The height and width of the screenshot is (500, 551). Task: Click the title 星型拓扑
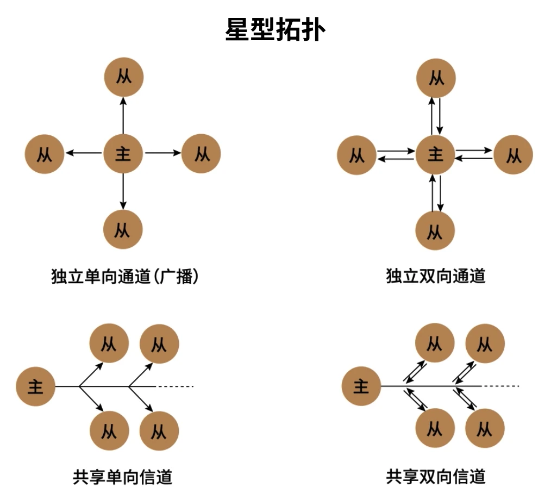pyautogui.click(x=275, y=30)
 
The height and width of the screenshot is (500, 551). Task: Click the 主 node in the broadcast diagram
pyautogui.click(x=123, y=154)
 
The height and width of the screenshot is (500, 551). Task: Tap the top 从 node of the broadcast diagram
pyautogui.click(x=123, y=77)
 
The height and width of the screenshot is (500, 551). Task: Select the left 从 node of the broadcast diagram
pyautogui.click(x=45, y=154)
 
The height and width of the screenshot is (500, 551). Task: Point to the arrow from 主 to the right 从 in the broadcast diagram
pyautogui.click(x=162, y=154)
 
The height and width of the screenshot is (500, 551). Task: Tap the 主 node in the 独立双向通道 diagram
pyautogui.click(x=436, y=154)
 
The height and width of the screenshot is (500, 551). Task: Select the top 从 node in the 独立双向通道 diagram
pyautogui.click(x=436, y=78)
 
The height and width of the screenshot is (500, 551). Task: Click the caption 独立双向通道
pyautogui.click(x=435, y=277)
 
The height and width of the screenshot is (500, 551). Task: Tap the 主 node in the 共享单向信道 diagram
pyautogui.click(x=36, y=386)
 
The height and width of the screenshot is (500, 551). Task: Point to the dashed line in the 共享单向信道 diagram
pyautogui.click(x=175, y=386)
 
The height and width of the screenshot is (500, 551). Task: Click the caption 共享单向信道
pyautogui.click(x=123, y=477)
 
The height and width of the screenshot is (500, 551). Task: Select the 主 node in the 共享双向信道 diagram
pyautogui.click(x=361, y=386)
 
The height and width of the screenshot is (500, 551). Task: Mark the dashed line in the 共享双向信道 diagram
pyautogui.click(x=500, y=386)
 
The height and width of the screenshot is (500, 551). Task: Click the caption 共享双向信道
pyautogui.click(x=435, y=477)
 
